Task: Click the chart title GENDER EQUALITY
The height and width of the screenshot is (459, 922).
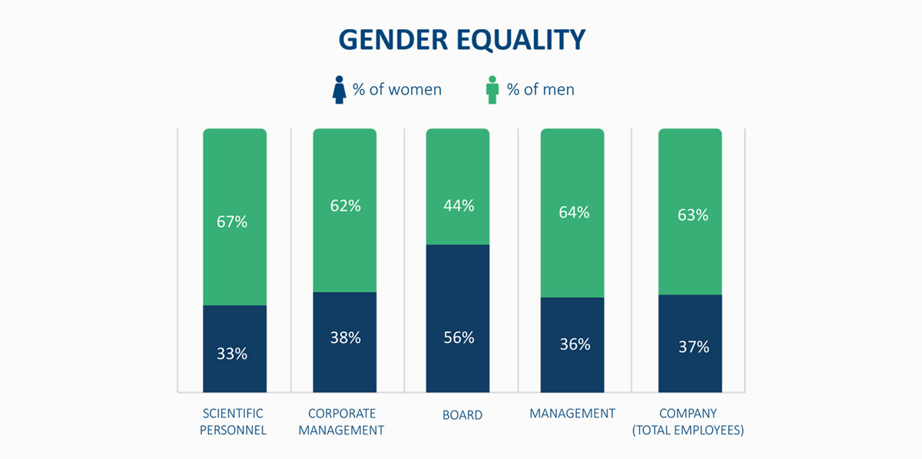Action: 462,40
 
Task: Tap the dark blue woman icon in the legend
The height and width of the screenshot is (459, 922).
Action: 339,90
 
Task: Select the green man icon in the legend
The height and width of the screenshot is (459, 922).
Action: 493,90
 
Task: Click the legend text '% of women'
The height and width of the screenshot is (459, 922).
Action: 396,89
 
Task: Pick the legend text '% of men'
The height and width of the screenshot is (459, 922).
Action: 540,89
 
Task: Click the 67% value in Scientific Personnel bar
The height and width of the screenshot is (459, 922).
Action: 231,222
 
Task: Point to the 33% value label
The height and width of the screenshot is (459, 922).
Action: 231,354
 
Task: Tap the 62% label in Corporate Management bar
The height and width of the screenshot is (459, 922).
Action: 344,206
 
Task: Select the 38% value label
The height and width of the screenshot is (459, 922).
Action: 344,338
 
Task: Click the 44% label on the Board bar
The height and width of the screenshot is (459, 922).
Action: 458,206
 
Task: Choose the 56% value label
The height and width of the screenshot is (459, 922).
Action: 458,338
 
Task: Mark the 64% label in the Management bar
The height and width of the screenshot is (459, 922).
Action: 573,212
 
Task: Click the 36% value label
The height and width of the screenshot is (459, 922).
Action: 573,344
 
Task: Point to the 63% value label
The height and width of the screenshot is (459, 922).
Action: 692,215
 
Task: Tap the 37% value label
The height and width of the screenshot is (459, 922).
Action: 692,347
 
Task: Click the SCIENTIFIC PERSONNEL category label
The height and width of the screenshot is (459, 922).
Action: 233,421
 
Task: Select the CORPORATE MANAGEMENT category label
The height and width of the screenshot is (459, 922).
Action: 341,421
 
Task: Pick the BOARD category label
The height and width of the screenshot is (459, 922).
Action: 463,415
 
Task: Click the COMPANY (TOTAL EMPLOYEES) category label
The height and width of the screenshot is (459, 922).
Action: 688,421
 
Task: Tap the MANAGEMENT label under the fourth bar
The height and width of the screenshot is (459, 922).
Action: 572,414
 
